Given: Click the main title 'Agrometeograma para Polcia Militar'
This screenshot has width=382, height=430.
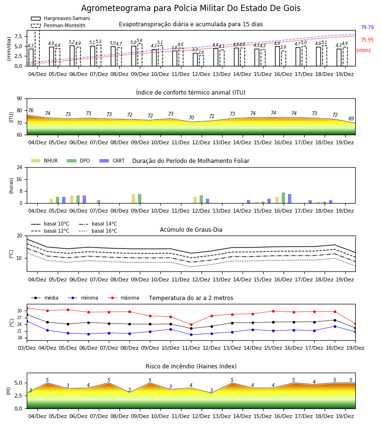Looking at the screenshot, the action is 153,8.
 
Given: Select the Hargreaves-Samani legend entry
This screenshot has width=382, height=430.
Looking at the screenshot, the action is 61,18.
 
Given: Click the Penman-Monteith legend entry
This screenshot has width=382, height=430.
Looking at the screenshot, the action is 58,25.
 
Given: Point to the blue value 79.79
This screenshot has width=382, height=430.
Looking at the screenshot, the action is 367,27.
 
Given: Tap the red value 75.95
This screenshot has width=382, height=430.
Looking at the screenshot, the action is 367,40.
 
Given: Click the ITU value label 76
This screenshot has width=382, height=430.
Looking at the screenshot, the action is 31,110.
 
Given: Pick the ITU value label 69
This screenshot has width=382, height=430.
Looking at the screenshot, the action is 351,118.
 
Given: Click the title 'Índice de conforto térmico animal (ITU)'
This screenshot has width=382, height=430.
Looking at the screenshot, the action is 191,92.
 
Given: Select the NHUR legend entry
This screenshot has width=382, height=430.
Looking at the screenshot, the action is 44,161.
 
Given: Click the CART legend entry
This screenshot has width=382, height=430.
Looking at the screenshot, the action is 112,161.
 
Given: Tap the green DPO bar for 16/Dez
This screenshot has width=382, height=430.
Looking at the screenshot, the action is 283,198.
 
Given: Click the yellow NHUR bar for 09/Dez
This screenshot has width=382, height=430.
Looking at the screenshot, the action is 133,199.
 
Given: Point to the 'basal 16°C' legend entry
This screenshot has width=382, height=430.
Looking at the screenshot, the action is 98,231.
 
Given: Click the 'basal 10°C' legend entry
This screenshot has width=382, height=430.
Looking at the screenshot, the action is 50,224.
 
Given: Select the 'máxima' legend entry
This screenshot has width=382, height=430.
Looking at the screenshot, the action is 123,298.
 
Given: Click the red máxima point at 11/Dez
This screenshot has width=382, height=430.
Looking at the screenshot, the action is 191,325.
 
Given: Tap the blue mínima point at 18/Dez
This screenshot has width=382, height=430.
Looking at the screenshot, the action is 335,326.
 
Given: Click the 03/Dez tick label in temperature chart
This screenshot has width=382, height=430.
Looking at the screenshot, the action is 27,348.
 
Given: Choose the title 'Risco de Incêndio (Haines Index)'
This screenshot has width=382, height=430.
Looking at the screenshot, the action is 191,366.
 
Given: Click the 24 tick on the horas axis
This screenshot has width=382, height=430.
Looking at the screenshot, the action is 20,167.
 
